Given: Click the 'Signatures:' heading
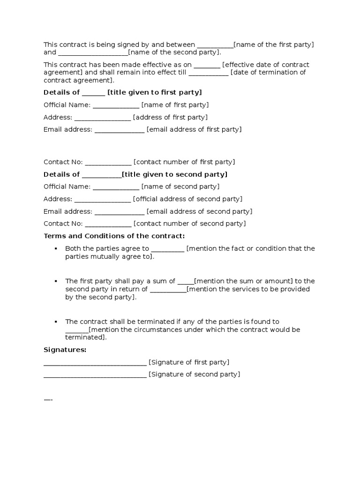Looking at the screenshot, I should click(x=65, y=350).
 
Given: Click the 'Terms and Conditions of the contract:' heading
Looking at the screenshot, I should click(x=114, y=236).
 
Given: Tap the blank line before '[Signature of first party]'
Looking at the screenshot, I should click(x=95, y=363).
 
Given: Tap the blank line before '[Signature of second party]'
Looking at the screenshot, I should click(x=95, y=375).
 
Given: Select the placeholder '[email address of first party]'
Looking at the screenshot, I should click(x=194, y=129).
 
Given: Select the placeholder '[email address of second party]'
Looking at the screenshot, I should click(x=199, y=211).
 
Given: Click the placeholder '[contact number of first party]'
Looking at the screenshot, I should click(x=184, y=162).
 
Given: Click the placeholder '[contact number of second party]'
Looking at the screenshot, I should click(x=189, y=224).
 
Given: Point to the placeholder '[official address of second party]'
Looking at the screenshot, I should click(x=187, y=199).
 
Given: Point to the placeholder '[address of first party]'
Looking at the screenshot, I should click(x=170, y=117).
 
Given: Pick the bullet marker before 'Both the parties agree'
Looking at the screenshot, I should click(x=55, y=248).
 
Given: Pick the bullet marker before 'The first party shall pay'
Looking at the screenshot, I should click(x=55, y=281).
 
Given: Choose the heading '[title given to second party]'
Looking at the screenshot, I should click(x=174, y=174).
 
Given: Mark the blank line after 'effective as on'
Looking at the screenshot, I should click(x=207, y=65).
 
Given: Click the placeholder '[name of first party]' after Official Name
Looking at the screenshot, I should click(x=175, y=105).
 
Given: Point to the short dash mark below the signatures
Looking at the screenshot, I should click(x=48, y=400).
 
